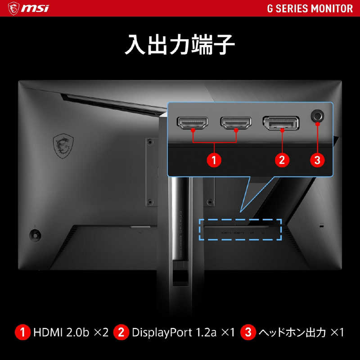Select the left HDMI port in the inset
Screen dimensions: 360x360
[x=193, y=122]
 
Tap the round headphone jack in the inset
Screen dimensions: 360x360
[x=318, y=116]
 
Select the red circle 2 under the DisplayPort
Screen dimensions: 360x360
[x=282, y=160]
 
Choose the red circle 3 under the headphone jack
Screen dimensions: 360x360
[x=318, y=160]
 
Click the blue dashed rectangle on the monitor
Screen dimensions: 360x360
[x=240, y=229]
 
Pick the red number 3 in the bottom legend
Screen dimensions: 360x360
[x=247, y=333]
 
